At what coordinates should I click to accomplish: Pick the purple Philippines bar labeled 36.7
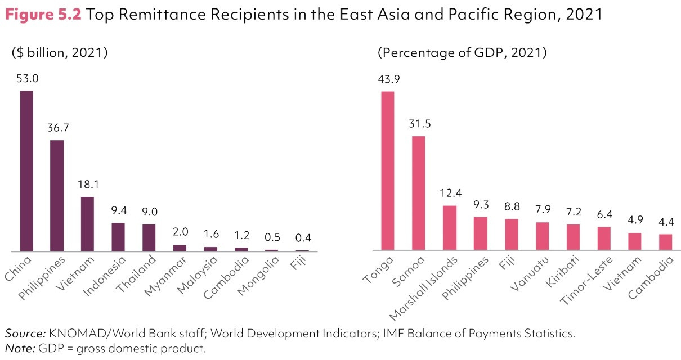coord(57,195)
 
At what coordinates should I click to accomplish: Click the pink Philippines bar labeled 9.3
coord(480,233)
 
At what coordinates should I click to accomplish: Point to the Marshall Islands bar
coord(449,228)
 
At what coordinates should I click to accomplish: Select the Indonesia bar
coord(118,237)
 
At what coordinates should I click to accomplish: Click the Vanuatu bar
coord(541,236)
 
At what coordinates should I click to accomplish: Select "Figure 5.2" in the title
coord(43,15)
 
